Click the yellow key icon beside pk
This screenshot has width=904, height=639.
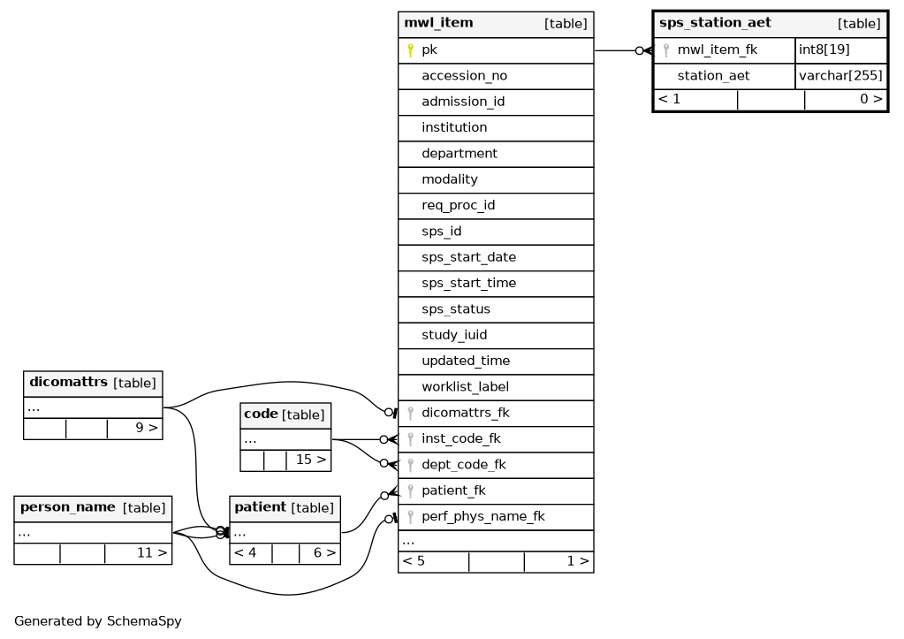coord(411,50)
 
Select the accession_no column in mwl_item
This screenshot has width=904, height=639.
coord(464,76)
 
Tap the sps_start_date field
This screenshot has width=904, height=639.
coord(468,257)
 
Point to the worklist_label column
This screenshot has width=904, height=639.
coord(466,387)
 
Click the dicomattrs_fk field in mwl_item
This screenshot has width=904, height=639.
coord(466,413)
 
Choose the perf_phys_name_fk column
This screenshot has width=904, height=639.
coord(483,517)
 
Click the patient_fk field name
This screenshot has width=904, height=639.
coord(453,491)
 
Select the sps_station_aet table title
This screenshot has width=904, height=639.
coord(715,23)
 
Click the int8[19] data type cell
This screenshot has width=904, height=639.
coord(824,49)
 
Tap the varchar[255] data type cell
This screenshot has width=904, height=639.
coord(840,75)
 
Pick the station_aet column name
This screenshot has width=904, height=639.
coord(713,75)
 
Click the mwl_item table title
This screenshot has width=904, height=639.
coord(438,23)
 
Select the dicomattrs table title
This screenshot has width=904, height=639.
coord(68,383)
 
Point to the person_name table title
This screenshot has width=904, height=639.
coord(67,507)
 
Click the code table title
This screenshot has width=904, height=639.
coord(262,415)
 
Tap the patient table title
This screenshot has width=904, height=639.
coord(261,507)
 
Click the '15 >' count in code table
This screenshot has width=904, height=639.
coord(311,460)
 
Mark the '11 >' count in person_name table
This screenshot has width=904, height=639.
coord(152,553)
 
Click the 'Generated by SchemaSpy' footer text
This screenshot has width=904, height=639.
coord(98,621)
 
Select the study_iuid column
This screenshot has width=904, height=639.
coord(454,335)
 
